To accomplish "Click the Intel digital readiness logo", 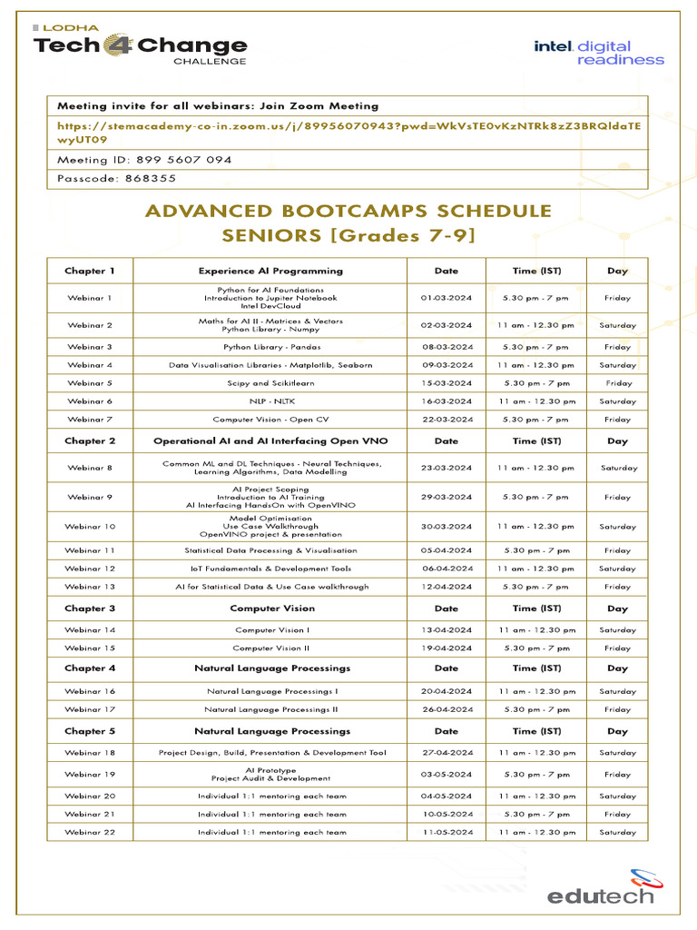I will tap(598, 52).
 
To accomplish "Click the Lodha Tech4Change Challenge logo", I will tap(140, 45).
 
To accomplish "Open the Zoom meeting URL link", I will tap(348, 133).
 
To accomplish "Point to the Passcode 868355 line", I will tap(117, 179).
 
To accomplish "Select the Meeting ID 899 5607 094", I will tap(144, 160).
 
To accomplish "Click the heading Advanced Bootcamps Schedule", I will tap(348, 211).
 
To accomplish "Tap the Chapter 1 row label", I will tap(90, 271).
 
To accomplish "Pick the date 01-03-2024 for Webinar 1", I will tap(447, 298).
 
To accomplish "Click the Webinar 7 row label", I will tap(90, 420).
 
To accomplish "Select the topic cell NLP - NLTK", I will tap(270, 401).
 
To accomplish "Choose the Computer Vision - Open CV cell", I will tap(270, 420).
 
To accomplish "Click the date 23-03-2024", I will tap(447, 468).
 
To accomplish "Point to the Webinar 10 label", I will tap(90, 527).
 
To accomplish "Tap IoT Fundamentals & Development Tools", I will tap(270, 569).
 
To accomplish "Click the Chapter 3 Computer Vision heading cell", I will tap(272, 608).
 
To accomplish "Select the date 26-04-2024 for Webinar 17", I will tap(447, 709).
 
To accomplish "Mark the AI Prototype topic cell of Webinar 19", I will tap(270, 774).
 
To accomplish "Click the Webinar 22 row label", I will tap(90, 832).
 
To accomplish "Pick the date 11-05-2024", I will tap(447, 832).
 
